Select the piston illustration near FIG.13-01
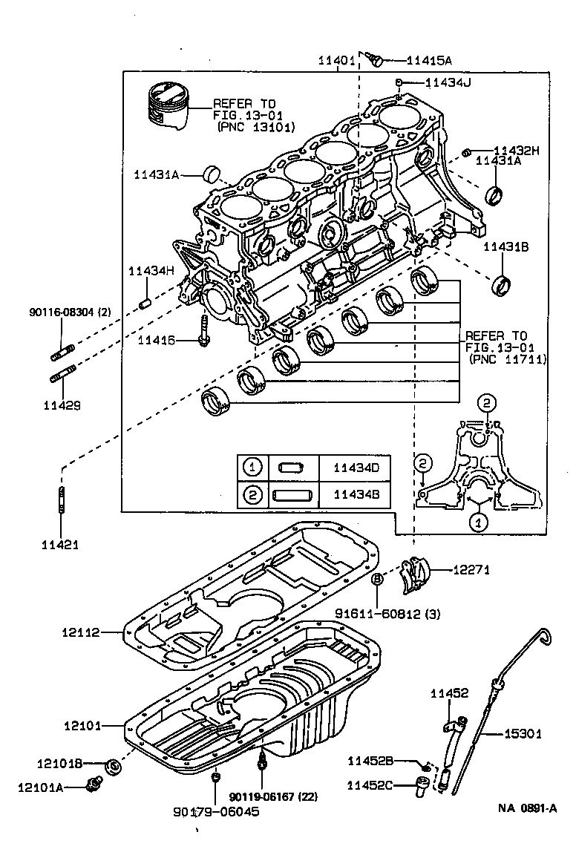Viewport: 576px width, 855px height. click(x=168, y=104)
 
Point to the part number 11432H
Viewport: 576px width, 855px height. click(x=517, y=150)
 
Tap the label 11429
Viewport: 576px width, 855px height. click(x=62, y=405)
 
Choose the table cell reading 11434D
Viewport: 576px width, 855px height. click(x=356, y=468)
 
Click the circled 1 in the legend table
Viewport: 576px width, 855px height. click(x=252, y=468)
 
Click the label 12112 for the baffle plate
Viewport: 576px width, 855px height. click(x=81, y=632)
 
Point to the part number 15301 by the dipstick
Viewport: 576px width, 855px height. click(x=523, y=734)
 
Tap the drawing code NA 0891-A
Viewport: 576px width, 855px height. click(x=527, y=808)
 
